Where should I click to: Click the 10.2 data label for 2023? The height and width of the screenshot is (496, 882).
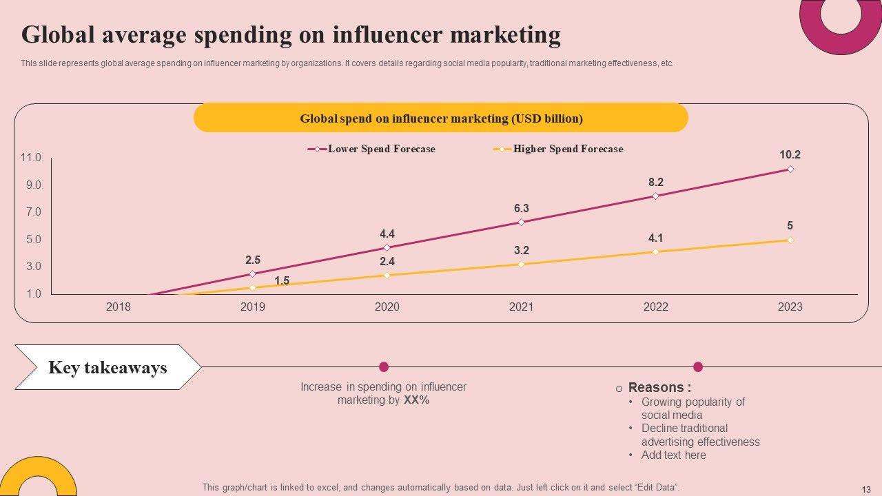(790, 155)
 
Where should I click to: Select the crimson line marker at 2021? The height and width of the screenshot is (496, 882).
(521, 222)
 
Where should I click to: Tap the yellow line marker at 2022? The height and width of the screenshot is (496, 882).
(655, 251)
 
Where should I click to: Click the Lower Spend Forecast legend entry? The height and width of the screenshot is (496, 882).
(380, 149)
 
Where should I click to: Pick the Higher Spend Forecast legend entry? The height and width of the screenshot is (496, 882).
(567, 149)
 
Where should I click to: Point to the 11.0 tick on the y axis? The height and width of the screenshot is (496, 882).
(31, 158)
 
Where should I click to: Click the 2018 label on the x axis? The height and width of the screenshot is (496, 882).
(118, 307)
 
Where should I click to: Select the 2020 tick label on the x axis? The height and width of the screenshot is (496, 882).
(387, 307)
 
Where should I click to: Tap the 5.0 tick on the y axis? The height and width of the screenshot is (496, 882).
(33, 240)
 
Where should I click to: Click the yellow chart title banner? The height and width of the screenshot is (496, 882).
(441, 118)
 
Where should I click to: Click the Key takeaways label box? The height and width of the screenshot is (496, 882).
(107, 367)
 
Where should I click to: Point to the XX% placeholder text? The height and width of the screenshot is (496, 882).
(416, 400)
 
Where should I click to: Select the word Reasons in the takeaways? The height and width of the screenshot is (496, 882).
(655, 388)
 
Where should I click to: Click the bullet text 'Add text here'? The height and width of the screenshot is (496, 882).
(673, 455)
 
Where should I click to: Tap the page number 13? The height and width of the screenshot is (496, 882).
(866, 488)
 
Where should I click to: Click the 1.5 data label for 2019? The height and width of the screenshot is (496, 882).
(282, 280)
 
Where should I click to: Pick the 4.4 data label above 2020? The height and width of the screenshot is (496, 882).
(387, 234)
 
